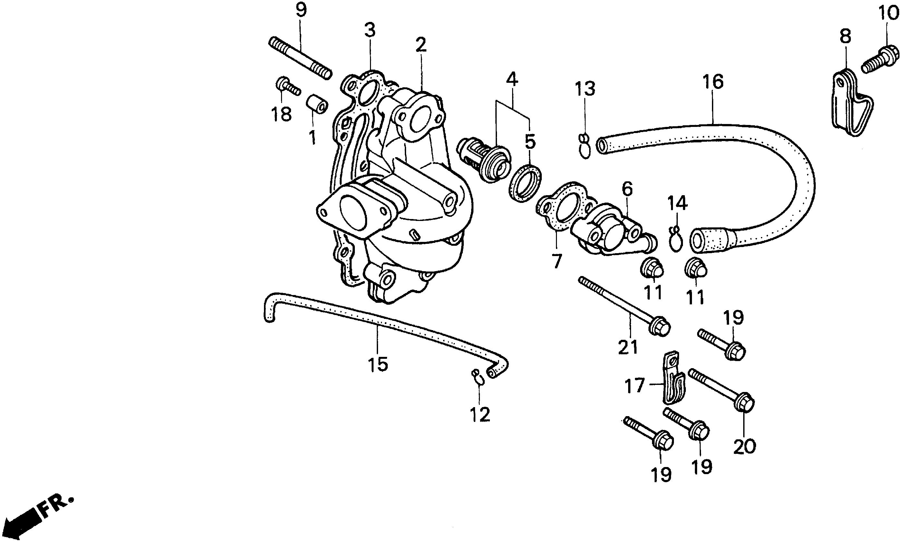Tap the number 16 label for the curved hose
point(713,82)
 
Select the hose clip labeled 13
point(585,147)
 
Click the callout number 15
point(378,364)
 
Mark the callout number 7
point(556,261)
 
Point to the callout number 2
point(421,45)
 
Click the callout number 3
point(370,30)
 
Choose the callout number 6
point(627,189)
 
